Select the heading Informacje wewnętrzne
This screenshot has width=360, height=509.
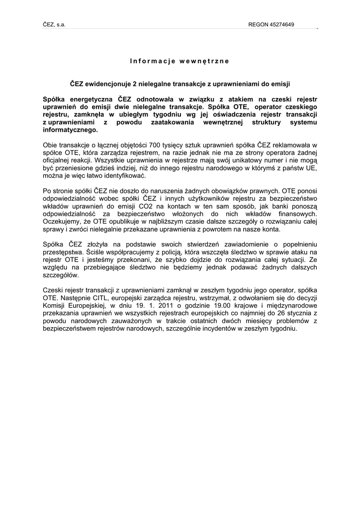click(x=180, y=61)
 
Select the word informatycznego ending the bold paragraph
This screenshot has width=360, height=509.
click(x=71, y=130)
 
